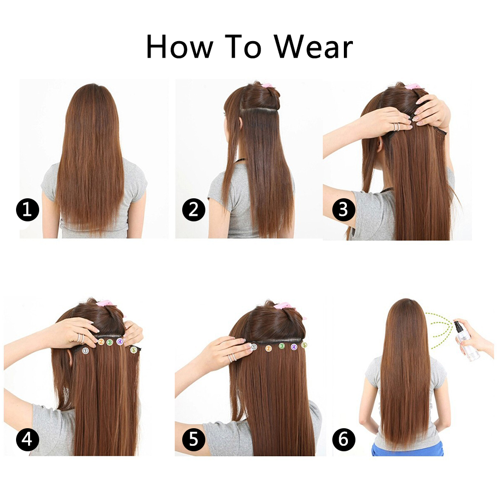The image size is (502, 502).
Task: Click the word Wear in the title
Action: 313,47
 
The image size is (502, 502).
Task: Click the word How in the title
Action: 179,47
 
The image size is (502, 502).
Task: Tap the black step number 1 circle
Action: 28,210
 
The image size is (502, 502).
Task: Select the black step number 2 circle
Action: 193,210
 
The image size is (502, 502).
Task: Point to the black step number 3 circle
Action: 343,210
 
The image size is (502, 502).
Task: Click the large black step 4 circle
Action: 28,440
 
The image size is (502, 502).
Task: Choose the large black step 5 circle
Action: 193,440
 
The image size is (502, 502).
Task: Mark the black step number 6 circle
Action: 343,440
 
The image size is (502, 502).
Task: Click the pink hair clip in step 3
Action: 415,87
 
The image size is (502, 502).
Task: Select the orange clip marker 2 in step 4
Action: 101,342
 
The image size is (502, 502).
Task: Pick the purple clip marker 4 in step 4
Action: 119,342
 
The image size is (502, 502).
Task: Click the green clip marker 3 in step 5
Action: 282,346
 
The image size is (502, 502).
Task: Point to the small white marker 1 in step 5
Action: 254,347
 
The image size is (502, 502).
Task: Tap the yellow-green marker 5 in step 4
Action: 134,349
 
